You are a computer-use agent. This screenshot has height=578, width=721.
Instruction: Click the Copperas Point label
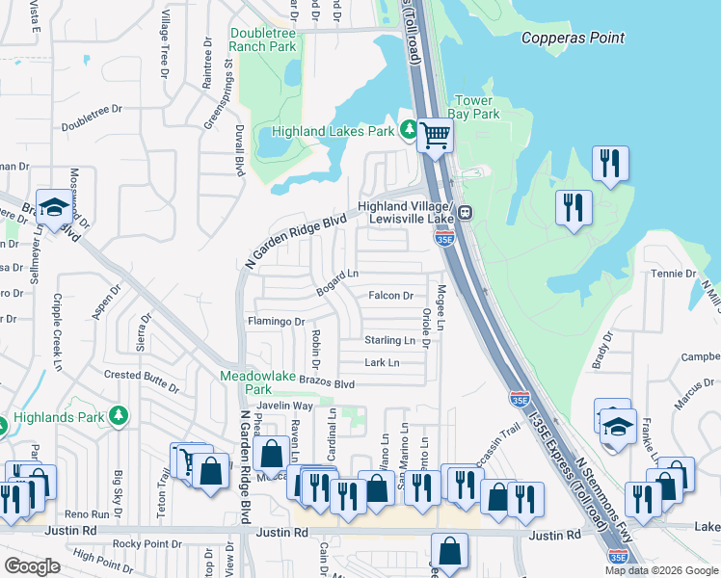click(573, 39)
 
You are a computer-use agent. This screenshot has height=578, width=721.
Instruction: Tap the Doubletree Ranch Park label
click(263, 39)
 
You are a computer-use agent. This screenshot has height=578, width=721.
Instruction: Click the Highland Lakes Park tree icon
click(409, 128)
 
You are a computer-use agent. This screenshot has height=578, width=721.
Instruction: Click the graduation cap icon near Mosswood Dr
click(53, 207)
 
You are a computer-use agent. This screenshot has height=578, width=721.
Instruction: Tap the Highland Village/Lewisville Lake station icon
click(464, 213)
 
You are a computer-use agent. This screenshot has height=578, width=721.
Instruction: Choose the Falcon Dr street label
click(390, 296)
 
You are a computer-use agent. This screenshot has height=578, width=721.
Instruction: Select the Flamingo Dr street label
click(276, 322)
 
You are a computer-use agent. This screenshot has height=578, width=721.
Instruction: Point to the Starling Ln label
click(389, 340)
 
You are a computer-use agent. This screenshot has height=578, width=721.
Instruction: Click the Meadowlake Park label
click(245, 382)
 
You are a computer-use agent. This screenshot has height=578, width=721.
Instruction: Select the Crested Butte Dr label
click(142, 374)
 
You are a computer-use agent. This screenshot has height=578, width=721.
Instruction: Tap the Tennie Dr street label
click(673, 274)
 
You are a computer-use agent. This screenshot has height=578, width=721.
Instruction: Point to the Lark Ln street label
click(382, 363)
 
